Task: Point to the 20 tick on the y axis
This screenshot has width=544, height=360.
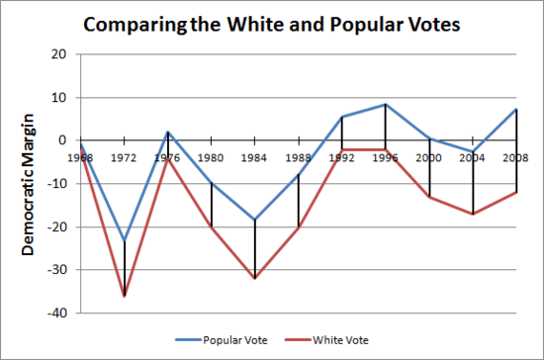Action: point(59,54)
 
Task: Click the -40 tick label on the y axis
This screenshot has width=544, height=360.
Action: point(57,314)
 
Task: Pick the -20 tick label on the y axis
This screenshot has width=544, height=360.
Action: point(57,227)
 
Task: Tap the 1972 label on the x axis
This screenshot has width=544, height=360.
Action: point(125,156)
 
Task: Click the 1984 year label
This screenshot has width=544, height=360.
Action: point(255,156)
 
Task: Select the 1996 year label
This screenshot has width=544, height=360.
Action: point(386,156)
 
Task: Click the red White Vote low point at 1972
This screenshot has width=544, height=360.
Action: point(125,296)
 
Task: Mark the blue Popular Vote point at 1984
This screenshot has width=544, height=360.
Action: point(255,220)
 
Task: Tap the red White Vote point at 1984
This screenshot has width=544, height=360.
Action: point(255,278)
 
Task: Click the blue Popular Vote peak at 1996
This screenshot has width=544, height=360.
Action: point(386,105)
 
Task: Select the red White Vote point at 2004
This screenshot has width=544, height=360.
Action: point(473,214)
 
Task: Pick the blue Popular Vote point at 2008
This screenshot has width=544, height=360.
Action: point(516,109)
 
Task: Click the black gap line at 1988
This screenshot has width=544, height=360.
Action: point(299,201)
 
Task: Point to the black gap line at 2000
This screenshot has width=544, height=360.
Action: point(429,168)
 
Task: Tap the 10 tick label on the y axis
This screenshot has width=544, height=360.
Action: point(59,98)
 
